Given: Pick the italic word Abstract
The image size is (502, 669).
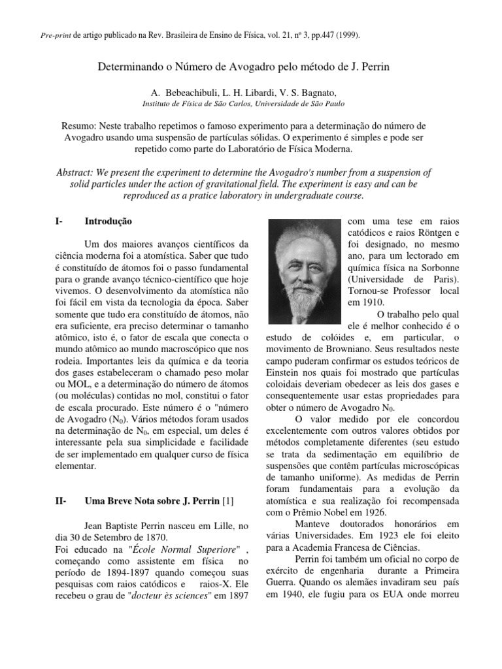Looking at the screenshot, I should [x=75, y=172].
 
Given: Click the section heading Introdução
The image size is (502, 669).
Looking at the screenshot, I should [x=109, y=222].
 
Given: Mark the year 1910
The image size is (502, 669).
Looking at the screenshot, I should [x=374, y=302].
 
